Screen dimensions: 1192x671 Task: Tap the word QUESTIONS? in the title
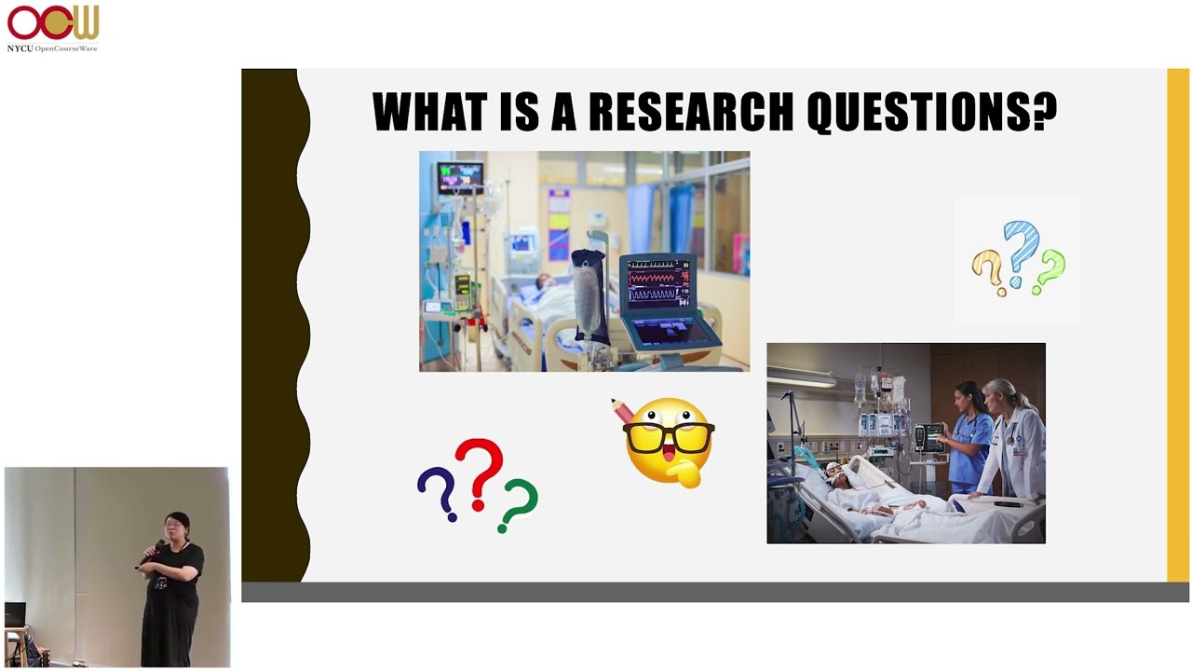pos(932,112)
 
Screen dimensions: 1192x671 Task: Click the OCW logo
pos(53,22)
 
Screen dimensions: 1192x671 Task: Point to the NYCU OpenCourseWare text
pos(52,48)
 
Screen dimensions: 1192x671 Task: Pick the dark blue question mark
pos(438,493)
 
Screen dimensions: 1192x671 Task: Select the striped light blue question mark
pos(1022,253)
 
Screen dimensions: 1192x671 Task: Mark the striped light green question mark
pos(1049,270)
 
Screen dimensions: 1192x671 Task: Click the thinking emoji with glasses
pos(669,442)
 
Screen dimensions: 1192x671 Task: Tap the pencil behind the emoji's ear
pos(622,410)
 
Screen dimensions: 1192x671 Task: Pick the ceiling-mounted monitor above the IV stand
pos(460,178)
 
